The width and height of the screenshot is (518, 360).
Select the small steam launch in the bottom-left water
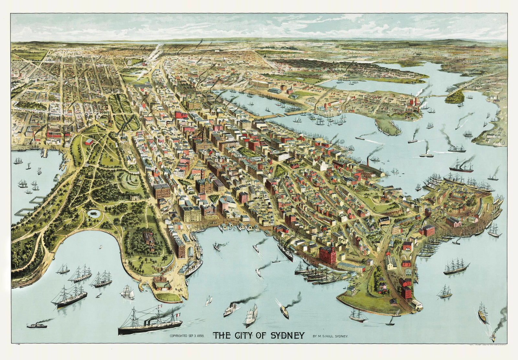37,325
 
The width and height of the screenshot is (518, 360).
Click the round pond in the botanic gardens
94,213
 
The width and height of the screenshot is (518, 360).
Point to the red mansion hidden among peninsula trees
150,239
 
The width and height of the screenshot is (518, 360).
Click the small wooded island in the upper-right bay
455,97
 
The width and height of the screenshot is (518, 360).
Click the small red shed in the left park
88,141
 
